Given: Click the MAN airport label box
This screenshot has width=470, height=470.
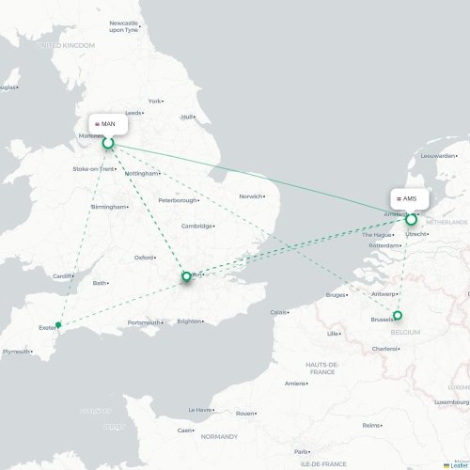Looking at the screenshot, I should tap(108, 123).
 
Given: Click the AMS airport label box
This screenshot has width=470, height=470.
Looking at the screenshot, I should tap(409, 199).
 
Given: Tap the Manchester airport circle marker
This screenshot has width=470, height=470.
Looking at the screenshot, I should tap(108, 143).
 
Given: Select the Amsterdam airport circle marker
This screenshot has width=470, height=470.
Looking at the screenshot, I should tap(411, 219).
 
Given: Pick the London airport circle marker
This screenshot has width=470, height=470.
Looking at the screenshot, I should tap(186, 276).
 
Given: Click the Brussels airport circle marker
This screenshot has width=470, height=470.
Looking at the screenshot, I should tap(398, 315).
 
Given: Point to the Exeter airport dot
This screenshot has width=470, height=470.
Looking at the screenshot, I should tap(58, 326).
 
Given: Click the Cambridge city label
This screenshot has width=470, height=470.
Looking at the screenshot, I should tap(196, 226).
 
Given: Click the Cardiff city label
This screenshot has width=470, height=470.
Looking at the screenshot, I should tap(63, 276).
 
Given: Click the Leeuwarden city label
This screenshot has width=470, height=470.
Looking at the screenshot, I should tap(438, 156).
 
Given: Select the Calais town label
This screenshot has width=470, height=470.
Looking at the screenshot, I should tap(279, 312).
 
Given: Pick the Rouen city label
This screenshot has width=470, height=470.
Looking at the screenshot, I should tap(244, 414).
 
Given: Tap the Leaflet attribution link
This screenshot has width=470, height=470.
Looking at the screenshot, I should tap(460, 464).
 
